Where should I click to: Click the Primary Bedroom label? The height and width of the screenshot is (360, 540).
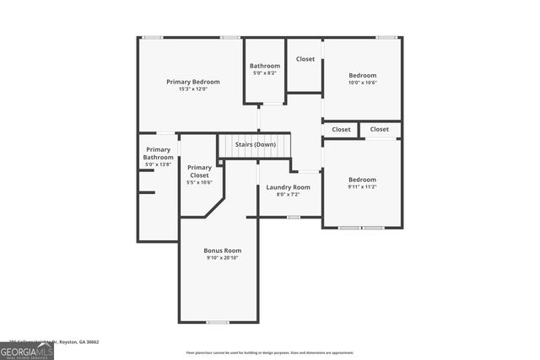coord(193,82)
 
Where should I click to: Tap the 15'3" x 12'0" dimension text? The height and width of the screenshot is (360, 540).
coord(193,89)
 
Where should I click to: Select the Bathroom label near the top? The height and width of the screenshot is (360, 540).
coord(265,66)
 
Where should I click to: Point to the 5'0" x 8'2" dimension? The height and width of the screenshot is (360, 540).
coord(265,73)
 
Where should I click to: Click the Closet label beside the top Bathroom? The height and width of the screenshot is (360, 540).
coord(305,59)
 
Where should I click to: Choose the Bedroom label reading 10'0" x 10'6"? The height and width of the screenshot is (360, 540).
coord(363,75)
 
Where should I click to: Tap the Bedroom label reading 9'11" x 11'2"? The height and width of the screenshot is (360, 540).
coord(363,179)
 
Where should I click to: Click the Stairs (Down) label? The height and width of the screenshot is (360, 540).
coord(256,144)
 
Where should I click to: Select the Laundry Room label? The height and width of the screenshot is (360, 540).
coord(289,187)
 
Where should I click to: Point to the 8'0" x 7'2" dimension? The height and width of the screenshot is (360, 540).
coord(289,194)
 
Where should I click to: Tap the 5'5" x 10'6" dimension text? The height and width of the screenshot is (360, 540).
coord(200,182)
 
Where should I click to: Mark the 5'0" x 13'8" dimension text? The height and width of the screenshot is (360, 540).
coord(158,164)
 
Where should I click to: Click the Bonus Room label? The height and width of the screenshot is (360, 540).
coord(223,250)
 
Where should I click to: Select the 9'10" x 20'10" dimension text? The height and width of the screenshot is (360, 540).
coord(223,257)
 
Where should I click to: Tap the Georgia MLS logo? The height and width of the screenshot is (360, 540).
coord(27,350)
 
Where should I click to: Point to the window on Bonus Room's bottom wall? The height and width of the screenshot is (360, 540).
coord(218,322)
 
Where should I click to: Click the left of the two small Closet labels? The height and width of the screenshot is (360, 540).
coord(342,130)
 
